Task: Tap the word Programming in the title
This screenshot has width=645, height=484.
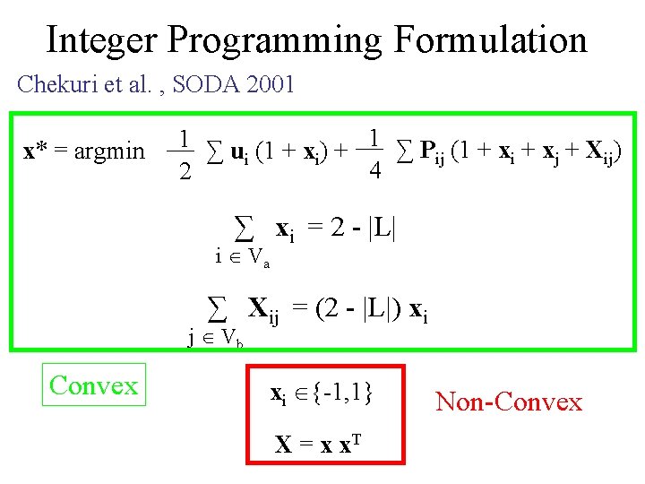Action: pyautogui.click(x=273, y=40)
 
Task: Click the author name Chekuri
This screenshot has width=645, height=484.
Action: pyautogui.click(x=55, y=85)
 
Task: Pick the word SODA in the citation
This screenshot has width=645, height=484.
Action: pyautogui.click(x=199, y=85)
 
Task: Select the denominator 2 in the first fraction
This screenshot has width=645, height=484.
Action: pyautogui.click(x=184, y=171)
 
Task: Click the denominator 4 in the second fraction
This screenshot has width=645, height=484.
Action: pyautogui.click(x=375, y=171)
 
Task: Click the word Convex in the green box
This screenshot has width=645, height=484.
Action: pyautogui.click(x=94, y=386)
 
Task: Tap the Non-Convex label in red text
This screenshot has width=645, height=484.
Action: pyautogui.click(x=508, y=402)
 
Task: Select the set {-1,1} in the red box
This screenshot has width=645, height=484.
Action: pyautogui.click(x=343, y=393)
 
